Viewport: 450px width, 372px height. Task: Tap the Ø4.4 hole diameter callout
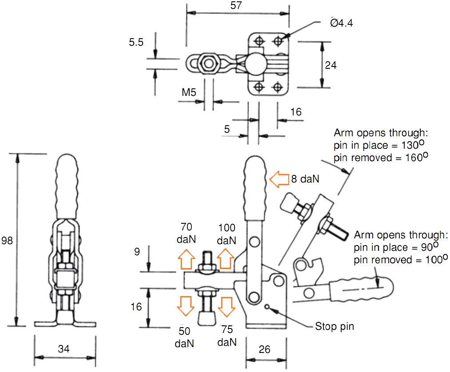pyautogui.click(x=342, y=23)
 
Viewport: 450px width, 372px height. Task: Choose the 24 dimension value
pyautogui.click(x=331, y=65)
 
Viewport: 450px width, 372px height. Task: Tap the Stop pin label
pyautogui.click(x=334, y=327)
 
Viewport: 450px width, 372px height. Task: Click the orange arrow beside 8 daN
pyautogui.click(x=279, y=180)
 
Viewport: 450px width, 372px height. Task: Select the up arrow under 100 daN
pyautogui.click(x=225, y=260)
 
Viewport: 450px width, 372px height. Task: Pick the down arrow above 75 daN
pyautogui.click(x=226, y=306)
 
